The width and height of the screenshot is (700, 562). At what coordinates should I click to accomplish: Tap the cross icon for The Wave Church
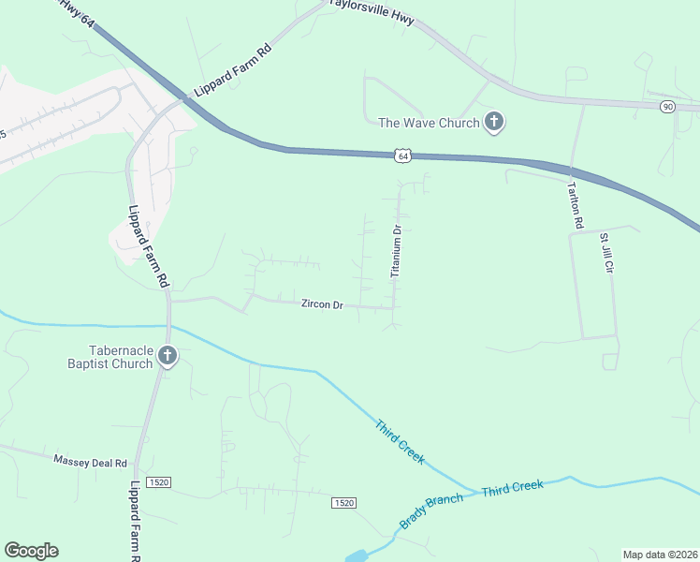coord(494,122)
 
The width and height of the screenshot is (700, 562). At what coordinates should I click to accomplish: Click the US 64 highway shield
coord(402,155)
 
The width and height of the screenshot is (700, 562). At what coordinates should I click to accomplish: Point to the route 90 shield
coord(667,107)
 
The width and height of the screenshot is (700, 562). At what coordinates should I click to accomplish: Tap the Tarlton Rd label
coord(576,206)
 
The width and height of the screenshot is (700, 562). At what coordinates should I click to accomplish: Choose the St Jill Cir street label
coord(606,253)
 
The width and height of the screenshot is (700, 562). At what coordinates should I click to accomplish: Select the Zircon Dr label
coord(323,304)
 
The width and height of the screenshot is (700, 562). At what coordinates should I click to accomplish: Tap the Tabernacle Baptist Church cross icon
coord(168,355)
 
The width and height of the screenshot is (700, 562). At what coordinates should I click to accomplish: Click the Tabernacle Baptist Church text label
coord(109,356)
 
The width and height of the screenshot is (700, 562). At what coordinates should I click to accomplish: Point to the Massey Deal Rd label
coord(90,461)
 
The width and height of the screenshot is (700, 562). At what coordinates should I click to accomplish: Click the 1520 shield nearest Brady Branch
coord(343,503)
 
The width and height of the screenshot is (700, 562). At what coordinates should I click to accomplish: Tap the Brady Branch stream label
coord(430,511)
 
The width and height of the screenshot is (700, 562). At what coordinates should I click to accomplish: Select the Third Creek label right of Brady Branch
coord(512,488)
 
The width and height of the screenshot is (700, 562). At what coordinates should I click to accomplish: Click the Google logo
coord(31,551)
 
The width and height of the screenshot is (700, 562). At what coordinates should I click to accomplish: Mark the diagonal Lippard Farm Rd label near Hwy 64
coord(233,71)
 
